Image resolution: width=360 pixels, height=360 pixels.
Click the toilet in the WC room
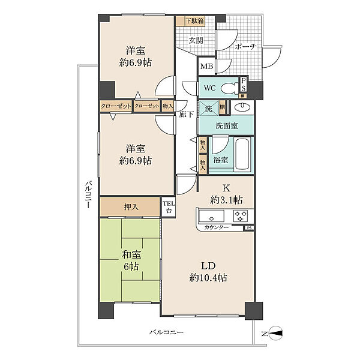(230, 88)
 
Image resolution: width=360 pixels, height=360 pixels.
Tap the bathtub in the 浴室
(243, 154)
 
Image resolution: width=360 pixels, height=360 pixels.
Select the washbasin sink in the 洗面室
(242, 107)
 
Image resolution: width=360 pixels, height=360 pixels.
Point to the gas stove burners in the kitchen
(241, 216)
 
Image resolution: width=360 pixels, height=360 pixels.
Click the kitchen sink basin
(211, 216)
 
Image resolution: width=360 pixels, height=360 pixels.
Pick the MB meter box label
(206, 67)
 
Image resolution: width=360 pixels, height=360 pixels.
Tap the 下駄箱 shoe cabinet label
(194, 21)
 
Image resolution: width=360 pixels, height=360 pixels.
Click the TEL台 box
(169, 207)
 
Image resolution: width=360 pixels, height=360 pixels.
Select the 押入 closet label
(131, 208)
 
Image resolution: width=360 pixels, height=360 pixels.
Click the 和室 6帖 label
(131, 261)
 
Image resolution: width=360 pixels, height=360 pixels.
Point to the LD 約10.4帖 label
(208, 272)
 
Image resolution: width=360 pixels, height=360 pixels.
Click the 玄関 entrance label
(196, 41)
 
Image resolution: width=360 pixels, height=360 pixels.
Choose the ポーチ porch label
(245, 47)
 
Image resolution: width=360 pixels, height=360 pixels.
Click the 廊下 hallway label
(186, 114)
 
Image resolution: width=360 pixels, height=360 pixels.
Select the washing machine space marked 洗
(208, 109)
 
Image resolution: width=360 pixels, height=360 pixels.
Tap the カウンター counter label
(216, 227)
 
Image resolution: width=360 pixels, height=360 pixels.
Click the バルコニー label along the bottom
(166, 332)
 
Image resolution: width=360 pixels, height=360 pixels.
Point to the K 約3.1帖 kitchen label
(226, 194)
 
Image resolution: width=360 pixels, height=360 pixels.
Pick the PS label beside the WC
(244, 85)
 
